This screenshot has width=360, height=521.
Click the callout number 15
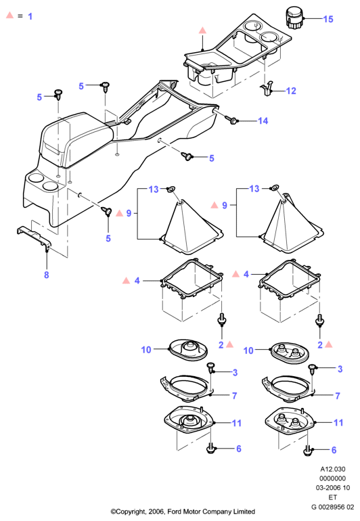click(x=328, y=19)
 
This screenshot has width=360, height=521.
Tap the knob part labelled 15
click(x=294, y=19)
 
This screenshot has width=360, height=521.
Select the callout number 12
click(x=291, y=91)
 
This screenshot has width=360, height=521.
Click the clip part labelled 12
click(x=267, y=89)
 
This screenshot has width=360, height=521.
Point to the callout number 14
click(x=263, y=120)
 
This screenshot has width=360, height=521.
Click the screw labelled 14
click(x=231, y=120)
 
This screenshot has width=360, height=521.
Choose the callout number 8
click(x=47, y=275)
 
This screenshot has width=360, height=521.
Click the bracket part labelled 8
click(x=34, y=237)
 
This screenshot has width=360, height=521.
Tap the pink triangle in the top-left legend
click(x=9, y=15)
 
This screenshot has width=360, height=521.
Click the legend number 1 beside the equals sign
click(x=30, y=16)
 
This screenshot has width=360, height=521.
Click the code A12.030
click(x=333, y=469)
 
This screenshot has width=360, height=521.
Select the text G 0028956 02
click(x=332, y=507)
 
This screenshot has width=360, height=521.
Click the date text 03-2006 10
click(x=333, y=488)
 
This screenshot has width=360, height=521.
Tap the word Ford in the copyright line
click(x=174, y=511)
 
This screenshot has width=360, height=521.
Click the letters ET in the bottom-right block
click(x=333, y=497)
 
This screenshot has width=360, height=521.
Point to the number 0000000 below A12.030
click(x=333, y=478)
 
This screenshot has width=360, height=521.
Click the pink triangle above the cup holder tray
click(x=202, y=30)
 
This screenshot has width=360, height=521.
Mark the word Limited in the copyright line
click(x=245, y=511)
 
